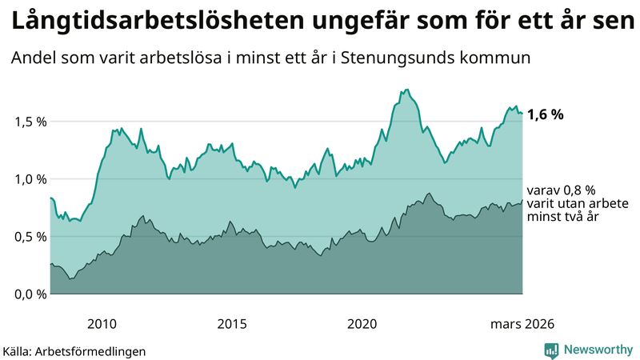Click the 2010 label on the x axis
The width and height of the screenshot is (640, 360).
click(x=102, y=324)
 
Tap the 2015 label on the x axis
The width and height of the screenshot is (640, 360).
click(x=232, y=324)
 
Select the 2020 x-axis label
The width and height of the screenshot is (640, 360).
click(x=362, y=324)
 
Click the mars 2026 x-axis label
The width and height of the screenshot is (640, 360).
click(x=521, y=324)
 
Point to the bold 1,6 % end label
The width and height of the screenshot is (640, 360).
click(x=546, y=114)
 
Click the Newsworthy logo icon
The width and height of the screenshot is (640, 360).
click(x=551, y=350)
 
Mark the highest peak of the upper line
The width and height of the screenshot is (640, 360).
click(x=406, y=90)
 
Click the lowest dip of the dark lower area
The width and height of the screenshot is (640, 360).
click(x=70, y=278)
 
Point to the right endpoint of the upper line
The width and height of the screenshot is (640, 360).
click(x=522, y=114)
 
